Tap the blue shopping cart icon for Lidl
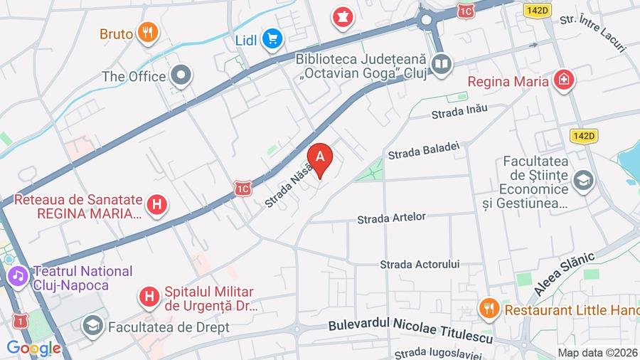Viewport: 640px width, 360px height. click(x=272, y=39)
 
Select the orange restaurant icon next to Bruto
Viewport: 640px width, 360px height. click(x=148, y=33)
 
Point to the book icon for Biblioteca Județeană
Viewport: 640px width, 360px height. click(x=442, y=65)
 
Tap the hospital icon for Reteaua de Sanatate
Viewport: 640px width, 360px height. click(x=158, y=206)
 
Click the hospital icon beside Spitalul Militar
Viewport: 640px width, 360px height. click(x=149, y=296)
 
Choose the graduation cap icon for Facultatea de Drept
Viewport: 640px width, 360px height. click(x=92, y=327)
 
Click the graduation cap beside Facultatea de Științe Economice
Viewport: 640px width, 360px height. click(x=583, y=181)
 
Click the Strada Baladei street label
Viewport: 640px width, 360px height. click(x=424, y=150)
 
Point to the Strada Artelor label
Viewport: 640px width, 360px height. click(x=391, y=218)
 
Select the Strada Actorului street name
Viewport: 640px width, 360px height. click(x=420, y=264)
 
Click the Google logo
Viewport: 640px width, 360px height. click(x=33, y=348)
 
